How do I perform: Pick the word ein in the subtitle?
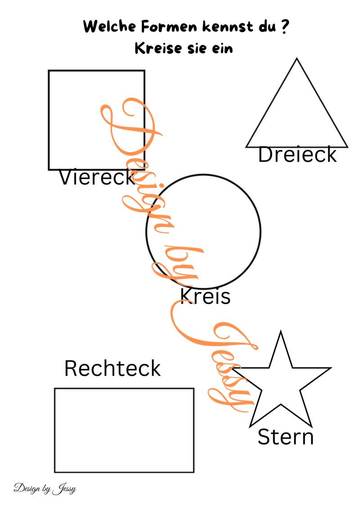coord(222,49)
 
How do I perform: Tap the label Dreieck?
coord(297,154)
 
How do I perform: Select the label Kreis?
coord(205,296)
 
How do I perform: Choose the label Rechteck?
coord(112,368)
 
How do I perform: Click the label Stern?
coord(285,437)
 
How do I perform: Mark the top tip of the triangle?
coord(297,59)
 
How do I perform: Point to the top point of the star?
coord(280,331)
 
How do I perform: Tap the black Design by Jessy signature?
coord(45,489)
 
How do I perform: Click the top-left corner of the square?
coord(49,71)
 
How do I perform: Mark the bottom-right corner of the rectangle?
coord(193,472)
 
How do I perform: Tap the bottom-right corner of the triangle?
coord(348,147)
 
